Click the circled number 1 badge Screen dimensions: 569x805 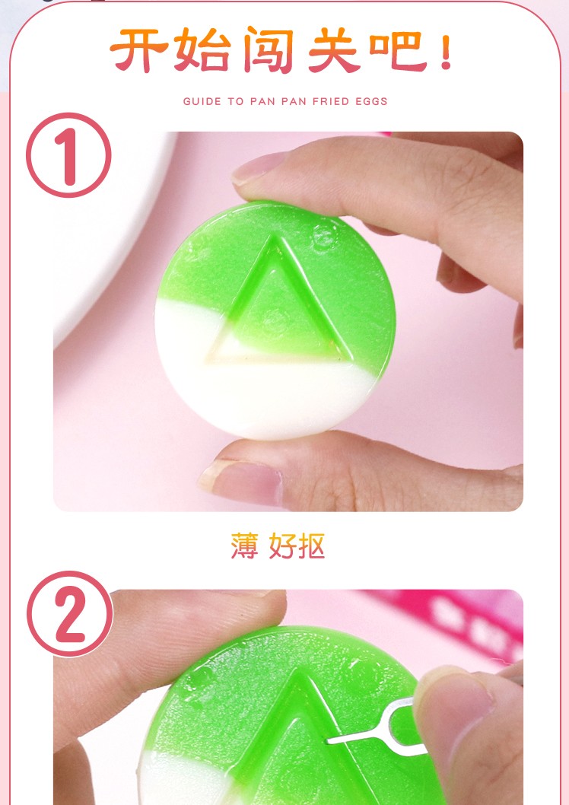[68, 155]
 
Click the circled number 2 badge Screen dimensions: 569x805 [70, 614]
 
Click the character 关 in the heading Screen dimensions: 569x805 [333, 49]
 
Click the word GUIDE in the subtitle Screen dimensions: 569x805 [202, 101]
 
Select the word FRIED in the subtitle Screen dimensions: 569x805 [331, 101]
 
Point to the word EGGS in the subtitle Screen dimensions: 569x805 [372, 101]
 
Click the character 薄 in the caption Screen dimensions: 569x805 [244, 546]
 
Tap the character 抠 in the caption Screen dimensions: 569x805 [311, 546]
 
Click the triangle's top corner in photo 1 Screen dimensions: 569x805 [278, 237]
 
